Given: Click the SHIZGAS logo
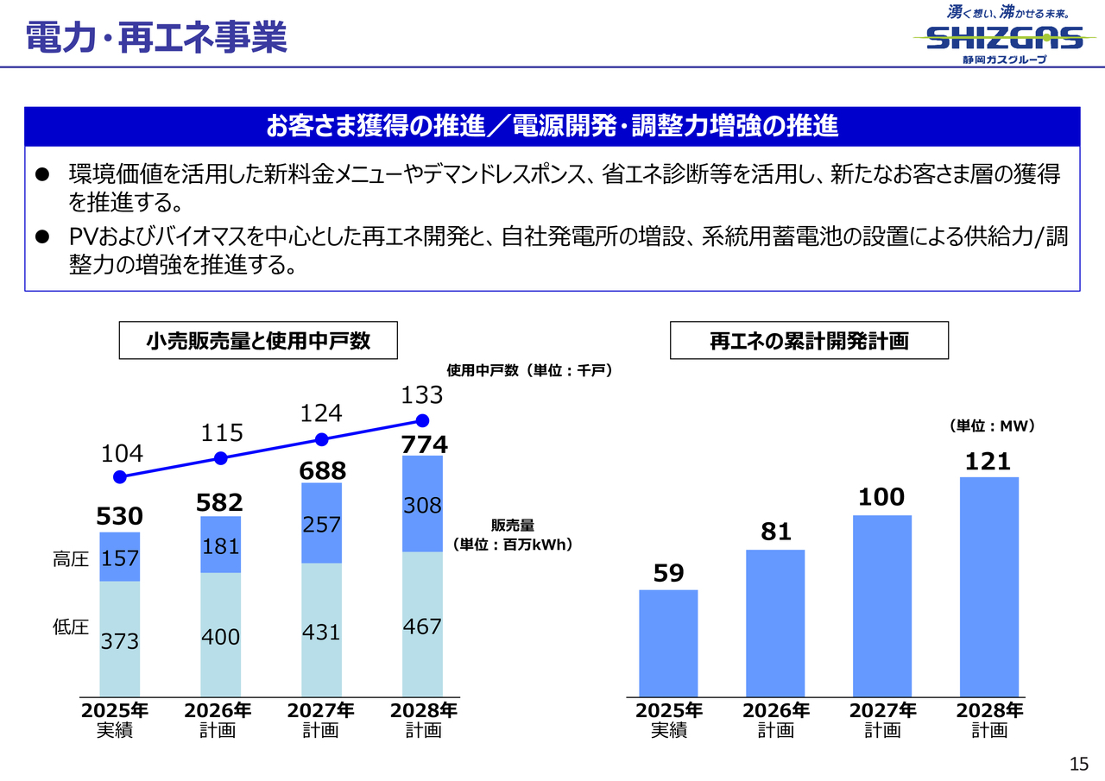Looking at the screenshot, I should [1004, 36].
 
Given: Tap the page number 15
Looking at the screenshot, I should [1078, 763].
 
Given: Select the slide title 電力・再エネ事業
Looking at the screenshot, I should [156, 37].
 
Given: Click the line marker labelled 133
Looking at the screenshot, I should [422, 421].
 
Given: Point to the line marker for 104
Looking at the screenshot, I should [120, 477].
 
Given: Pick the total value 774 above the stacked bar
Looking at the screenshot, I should [425, 444].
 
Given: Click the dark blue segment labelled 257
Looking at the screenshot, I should [321, 524].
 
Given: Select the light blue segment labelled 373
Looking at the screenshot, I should [120, 639].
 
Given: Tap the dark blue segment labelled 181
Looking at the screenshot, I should [220, 545].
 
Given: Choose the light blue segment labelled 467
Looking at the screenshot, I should [422, 625].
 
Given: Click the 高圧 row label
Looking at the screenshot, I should [71, 559].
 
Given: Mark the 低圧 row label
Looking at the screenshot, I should [71, 627].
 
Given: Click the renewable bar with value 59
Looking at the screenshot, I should [668, 643].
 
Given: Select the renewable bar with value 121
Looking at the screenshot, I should [989, 587].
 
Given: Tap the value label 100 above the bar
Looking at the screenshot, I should [881, 497].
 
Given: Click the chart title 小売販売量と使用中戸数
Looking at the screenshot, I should [258, 341].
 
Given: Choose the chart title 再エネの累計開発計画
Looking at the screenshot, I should [809, 341].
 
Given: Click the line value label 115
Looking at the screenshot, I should [223, 432].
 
